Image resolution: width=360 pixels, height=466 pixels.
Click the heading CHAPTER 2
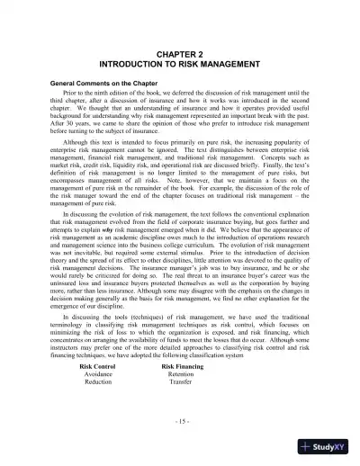179,53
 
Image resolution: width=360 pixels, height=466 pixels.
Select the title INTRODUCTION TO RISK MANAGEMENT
179,65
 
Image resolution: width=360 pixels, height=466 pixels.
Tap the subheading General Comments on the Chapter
104,83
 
